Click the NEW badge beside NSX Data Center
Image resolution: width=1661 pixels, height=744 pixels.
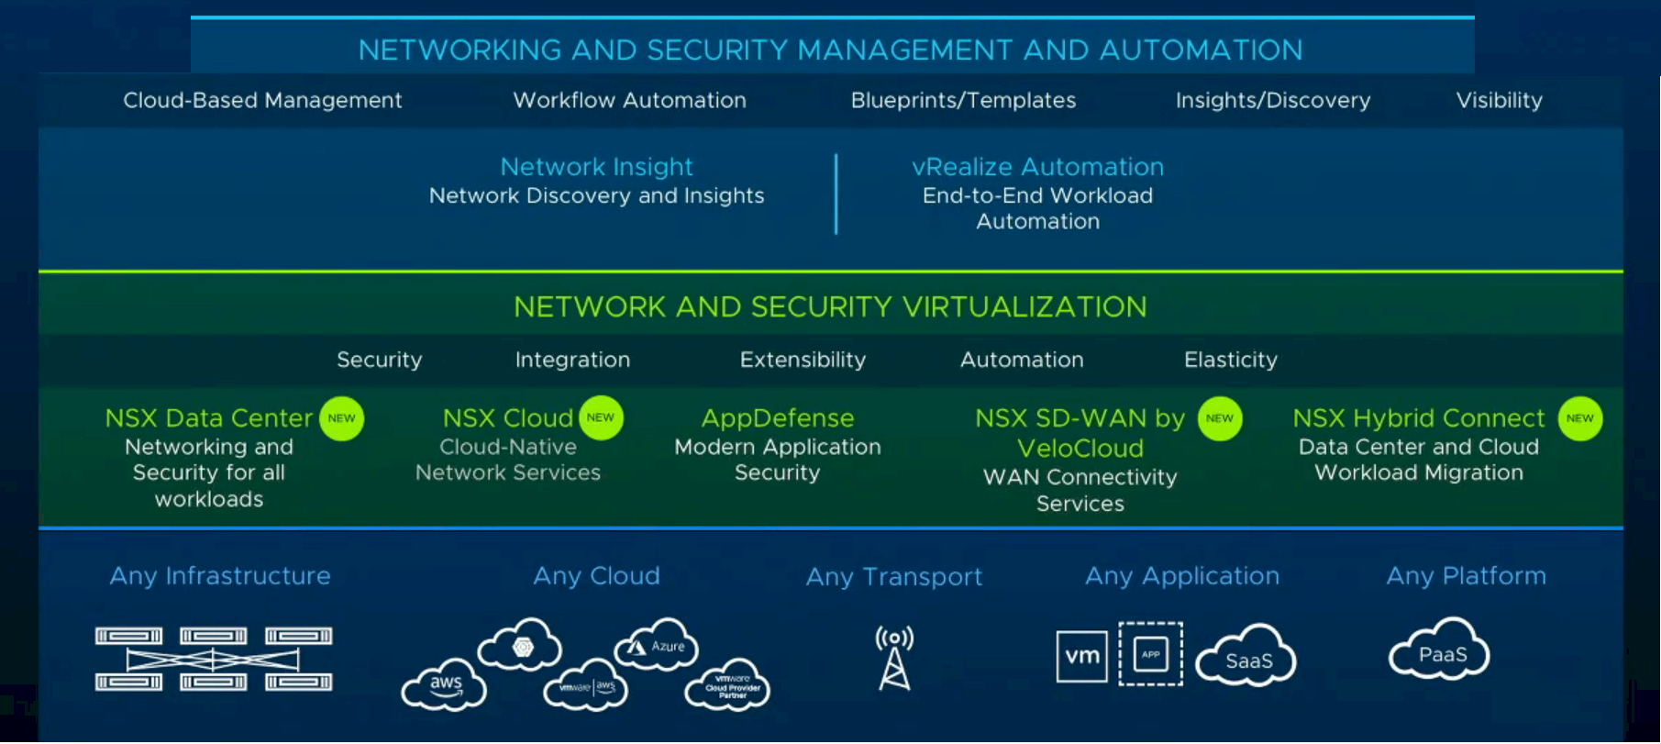341,418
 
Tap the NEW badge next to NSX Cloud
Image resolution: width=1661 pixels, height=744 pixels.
601,417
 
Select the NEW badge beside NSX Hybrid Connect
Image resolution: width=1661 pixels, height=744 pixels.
1579,418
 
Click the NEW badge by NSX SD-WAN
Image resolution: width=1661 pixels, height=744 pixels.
1219,418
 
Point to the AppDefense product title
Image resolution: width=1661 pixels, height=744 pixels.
778,418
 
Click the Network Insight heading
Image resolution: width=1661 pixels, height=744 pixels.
596,167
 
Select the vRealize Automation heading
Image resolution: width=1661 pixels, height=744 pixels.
1037,167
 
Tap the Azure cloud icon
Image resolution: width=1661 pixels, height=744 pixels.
657,646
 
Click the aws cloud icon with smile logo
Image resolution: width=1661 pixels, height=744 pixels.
445,685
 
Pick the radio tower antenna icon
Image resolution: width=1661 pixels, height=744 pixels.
894,658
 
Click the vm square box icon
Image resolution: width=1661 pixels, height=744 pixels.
1081,656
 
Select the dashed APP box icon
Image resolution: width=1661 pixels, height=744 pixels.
1150,654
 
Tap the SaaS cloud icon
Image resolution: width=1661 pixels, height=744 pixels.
1246,657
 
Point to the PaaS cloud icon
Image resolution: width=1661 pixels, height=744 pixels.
1441,651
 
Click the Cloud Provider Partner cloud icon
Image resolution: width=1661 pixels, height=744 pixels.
729,685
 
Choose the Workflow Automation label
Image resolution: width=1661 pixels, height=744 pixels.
629,101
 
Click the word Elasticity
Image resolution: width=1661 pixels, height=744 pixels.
1230,360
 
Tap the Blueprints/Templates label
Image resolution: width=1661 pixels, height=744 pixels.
963,101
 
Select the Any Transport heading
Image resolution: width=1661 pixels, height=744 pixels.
893,576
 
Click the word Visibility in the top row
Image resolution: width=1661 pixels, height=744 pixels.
1499,101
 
